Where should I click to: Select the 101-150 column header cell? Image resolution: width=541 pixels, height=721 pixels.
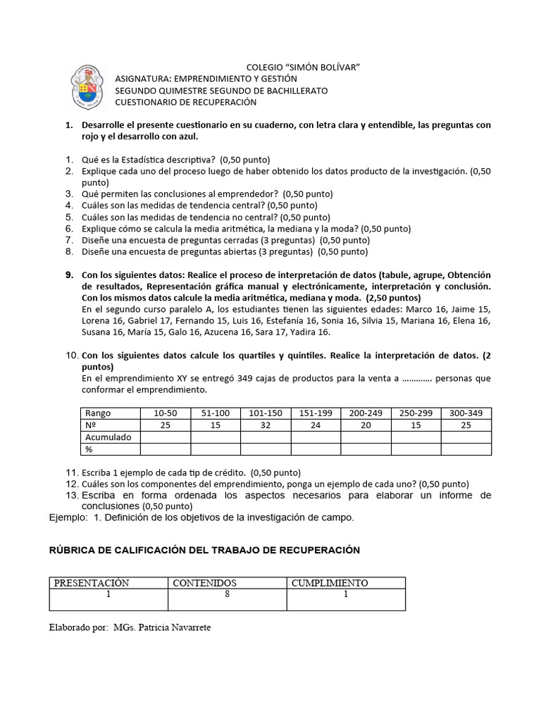click(x=265, y=413)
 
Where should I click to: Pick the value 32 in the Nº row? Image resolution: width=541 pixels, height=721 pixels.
click(x=265, y=425)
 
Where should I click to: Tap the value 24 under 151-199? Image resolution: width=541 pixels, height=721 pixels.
click(x=315, y=425)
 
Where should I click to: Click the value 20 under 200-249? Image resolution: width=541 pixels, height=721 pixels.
click(x=365, y=425)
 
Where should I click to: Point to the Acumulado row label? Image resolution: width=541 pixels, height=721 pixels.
click(x=108, y=437)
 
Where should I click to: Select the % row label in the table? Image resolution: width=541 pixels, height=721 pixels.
click(x=89, y=449)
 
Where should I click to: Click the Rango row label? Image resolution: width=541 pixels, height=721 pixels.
click(x=98, y=413)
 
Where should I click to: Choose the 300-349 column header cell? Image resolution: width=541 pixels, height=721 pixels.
click(x=466, y=413)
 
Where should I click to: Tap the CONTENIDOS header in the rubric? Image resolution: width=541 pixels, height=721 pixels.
click(x=204, y=583)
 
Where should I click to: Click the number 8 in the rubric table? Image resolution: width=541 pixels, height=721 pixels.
click(x=227, y=594)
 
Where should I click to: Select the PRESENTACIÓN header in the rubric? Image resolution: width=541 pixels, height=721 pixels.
click(x=92, y=583)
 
